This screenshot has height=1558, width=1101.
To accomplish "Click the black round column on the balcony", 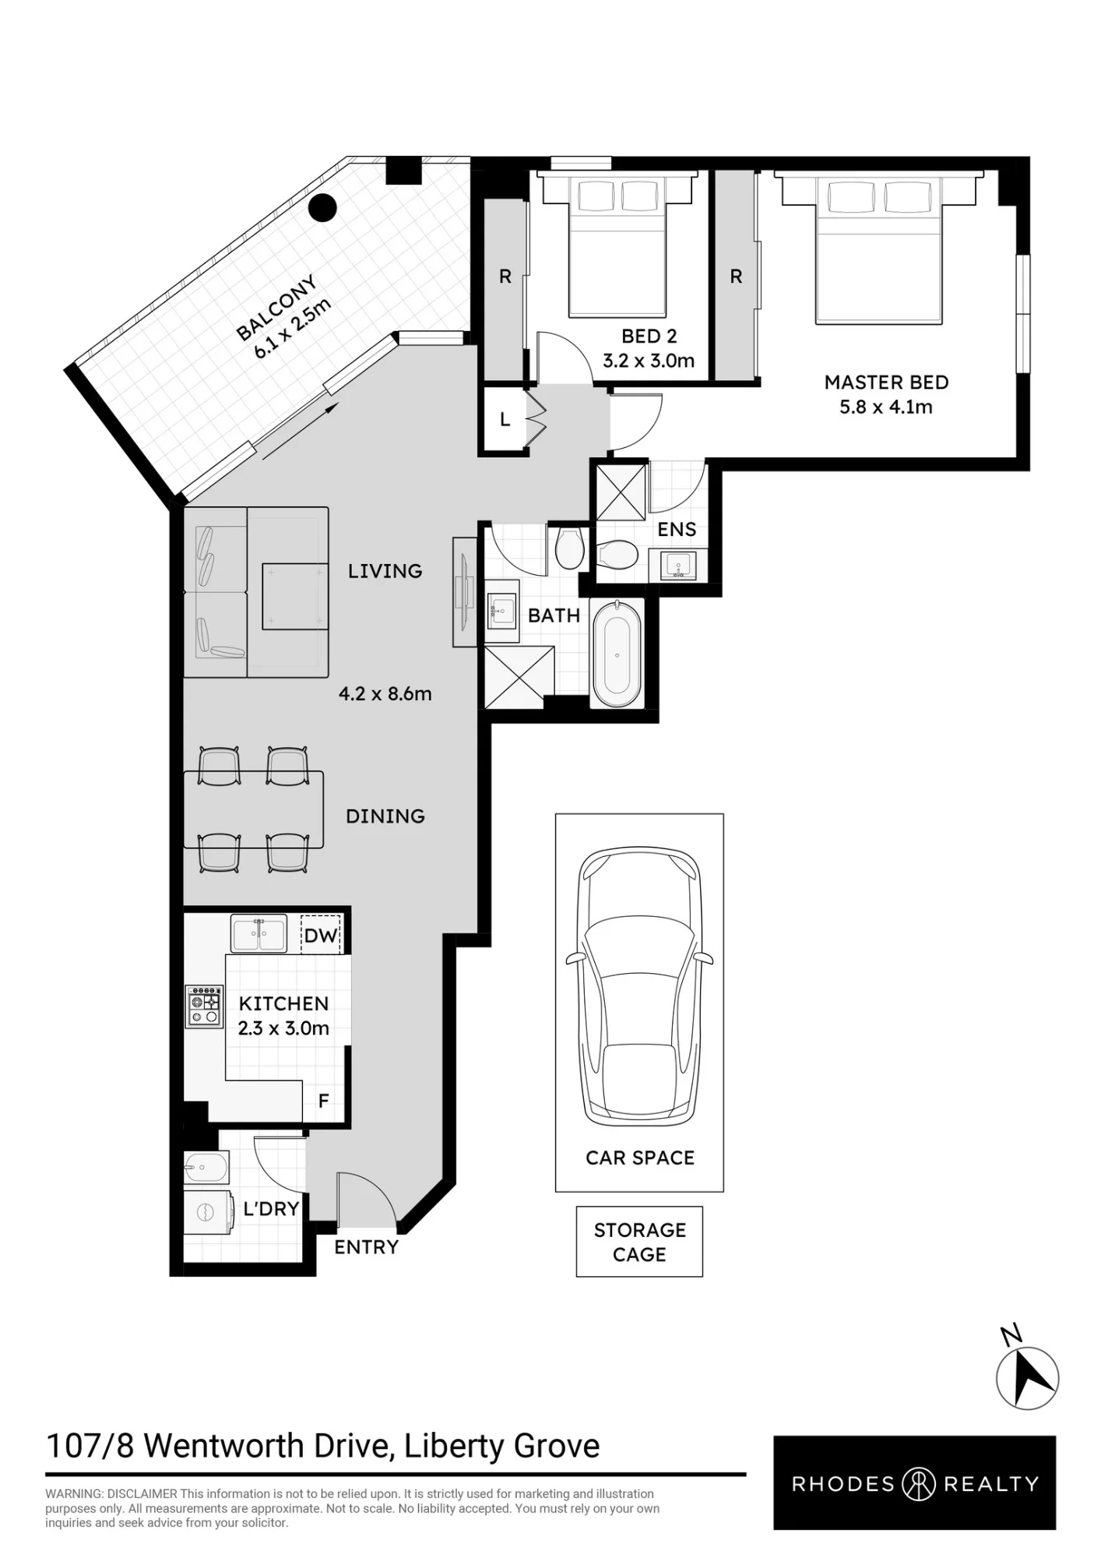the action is pos(322,208).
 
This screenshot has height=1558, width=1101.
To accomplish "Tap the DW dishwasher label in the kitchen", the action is pos(321,936).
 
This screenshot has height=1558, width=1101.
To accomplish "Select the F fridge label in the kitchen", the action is pos(324,1101).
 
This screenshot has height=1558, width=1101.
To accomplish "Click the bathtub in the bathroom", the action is pos(617,654).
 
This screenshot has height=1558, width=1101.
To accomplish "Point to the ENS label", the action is pos(677,530).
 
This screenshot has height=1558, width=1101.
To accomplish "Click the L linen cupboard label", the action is pos(505,420).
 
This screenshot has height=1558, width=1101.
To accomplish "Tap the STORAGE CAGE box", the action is pos(639,1242).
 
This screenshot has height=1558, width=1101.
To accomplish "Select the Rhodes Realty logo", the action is pos(915,1483).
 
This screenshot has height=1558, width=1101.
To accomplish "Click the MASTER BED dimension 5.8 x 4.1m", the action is pos(886,407).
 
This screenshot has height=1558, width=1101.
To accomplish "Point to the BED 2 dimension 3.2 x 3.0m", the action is pos(649,361).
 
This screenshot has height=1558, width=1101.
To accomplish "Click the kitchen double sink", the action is pos(259,934).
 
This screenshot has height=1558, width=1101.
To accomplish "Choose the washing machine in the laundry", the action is pos(209,1212).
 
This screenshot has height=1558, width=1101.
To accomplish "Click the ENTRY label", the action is pos(366,1247).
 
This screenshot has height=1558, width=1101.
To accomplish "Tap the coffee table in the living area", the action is pos(295,596).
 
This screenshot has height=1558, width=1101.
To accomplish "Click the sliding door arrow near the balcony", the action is pos(300,431).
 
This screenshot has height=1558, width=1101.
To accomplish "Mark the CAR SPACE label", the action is pos(640,1158).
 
